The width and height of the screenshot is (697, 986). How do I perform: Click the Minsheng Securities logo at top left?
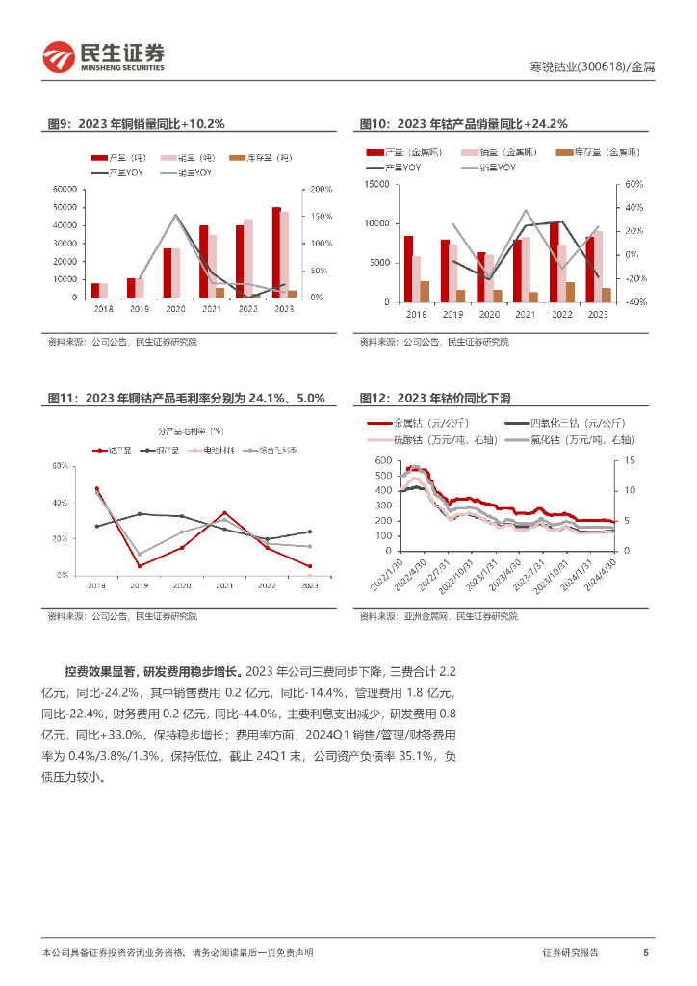[x=102, y=58]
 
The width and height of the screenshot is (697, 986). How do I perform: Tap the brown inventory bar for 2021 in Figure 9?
[x=219, y=293]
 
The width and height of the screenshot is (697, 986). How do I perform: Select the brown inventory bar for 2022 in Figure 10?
[x=570, y=292]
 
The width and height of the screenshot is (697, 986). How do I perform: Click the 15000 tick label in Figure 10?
[x=376, y=183]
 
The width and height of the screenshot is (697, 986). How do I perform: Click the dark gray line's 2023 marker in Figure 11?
[x=310, y=532]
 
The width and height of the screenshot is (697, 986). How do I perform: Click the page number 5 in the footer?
[x=645, y=952]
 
